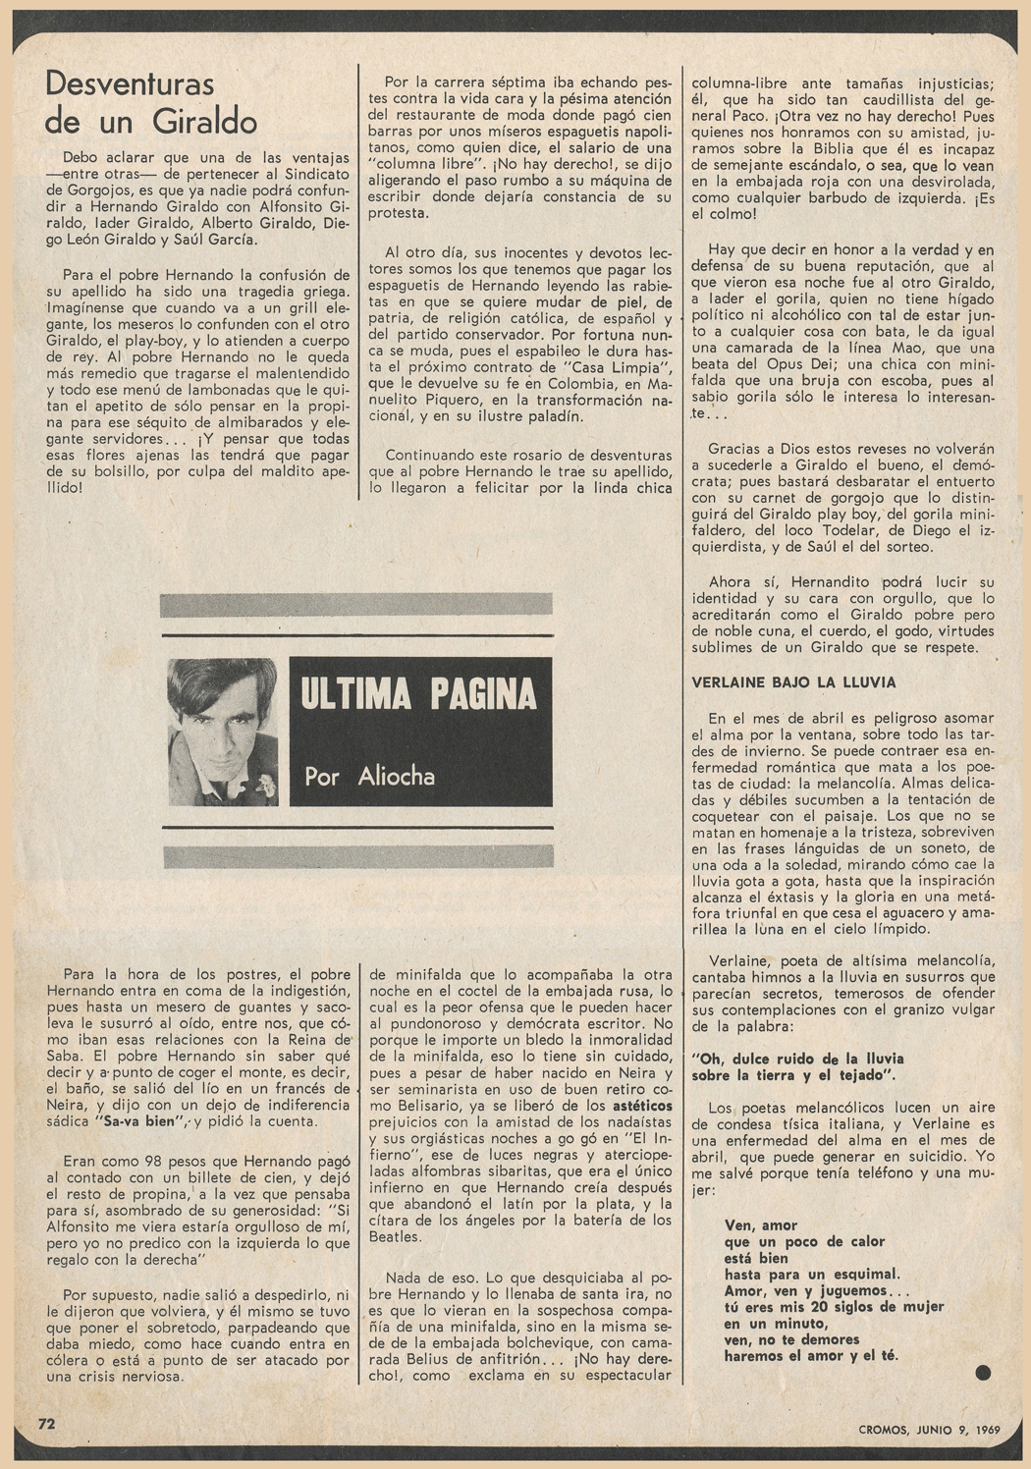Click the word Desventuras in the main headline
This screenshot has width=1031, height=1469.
129,84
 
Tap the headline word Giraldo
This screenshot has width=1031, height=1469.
205,122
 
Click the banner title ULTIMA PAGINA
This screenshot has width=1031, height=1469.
419,693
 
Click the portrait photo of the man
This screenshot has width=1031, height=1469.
222,731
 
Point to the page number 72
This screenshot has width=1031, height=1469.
47,1422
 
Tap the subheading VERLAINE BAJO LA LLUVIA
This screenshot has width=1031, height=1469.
793,682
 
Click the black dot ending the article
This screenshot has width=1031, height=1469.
983,1372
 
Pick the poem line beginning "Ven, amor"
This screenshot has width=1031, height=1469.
760,1224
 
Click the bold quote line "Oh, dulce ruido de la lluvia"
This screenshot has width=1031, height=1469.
797,1059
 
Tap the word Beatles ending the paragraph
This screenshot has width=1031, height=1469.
395,1237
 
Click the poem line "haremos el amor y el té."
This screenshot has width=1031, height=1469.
811,1357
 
